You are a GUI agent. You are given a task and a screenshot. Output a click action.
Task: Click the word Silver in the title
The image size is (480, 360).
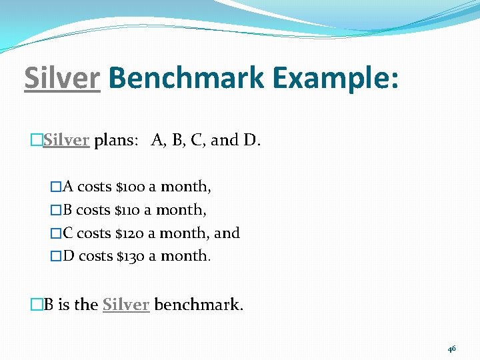[x=62, y=79]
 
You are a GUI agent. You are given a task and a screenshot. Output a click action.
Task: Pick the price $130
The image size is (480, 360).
[x=131, y=256]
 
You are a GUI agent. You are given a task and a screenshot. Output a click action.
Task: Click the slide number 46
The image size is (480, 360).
[x=452, y=349]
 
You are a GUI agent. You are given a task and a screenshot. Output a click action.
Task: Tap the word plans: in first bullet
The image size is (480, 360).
[x=117, y=140]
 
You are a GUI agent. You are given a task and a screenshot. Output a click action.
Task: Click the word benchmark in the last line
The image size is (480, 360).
[x=199, y=305]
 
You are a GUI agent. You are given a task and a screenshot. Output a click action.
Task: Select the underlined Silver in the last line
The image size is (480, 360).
[x=125, y=305]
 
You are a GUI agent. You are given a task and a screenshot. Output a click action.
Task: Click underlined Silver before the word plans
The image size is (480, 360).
[x=66, y=140]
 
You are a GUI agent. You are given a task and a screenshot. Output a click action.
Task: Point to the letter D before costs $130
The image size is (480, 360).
[x=69, y=256]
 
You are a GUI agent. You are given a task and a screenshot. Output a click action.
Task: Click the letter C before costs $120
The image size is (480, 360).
[x=68, y=233]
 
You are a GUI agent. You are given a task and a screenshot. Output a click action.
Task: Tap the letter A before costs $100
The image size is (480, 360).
[x=69, y=186]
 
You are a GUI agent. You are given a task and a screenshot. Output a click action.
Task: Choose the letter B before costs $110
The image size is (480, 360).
[x=68, y=209]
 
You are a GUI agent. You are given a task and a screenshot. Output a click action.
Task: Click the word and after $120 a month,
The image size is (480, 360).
[x=227, y=233]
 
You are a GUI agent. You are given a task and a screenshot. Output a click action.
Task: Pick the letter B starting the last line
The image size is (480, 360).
[x=49, y=305]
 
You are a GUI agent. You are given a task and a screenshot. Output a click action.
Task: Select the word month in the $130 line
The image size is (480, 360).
[x=185, y=256]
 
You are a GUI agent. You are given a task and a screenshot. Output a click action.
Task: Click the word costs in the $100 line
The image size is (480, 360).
[x=95, y=186]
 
